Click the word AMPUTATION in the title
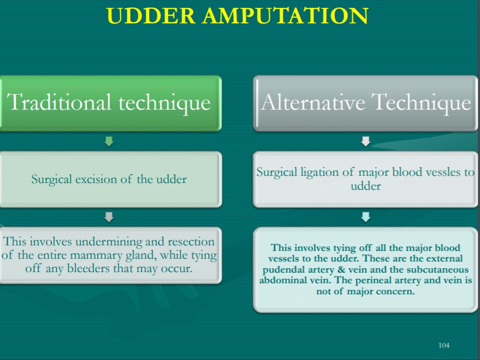[x=285, y=16]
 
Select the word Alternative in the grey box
[x=313, y=102]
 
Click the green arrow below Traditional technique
[x=109, y=141]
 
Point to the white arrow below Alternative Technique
[x=366, y=141]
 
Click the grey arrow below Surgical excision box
[x=109, y=217]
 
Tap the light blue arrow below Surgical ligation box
[x=366, y=217]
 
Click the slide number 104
[x=444, y=346]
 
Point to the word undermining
[x=109, y=241]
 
